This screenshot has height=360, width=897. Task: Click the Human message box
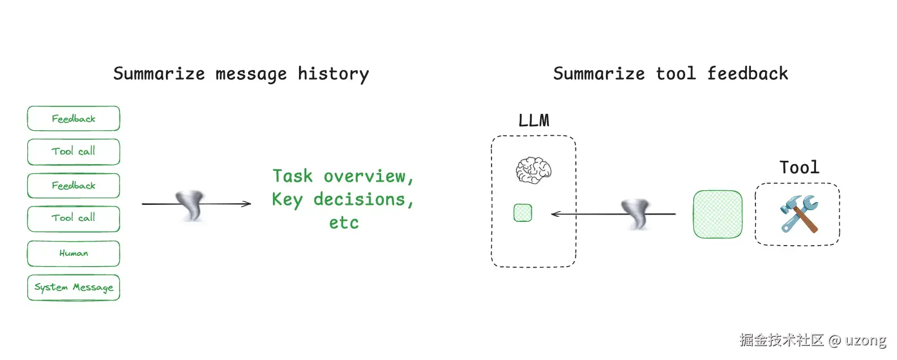pyautogui.click(x=74, y=254)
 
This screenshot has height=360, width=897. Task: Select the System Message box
pyautogui.click(x=74, y=288)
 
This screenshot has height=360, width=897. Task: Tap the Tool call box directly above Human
pyautogui.click(x=74, y=218)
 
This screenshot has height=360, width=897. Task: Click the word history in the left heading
pyautogui.click(x=333, y=74)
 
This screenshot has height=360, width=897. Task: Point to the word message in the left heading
pyautogui.click(x=251, y=74)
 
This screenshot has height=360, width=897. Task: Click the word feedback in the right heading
pyautogui.click(x=747, y=74)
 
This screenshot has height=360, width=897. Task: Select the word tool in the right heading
pyautogui.click(x=676, y=74)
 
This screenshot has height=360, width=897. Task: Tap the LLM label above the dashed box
pyautogui.click(x=533, y=121)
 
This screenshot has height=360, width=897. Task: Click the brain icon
pyautogui.click(x=533, y=170)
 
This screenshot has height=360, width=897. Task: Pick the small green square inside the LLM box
pyautogui.click(x=523, y=213)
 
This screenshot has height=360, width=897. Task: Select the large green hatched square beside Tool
pyautogui.click(x=717, y=214)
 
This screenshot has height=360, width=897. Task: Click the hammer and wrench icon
pyautogui.click(x=798, y=213)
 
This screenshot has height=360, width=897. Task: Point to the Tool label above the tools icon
pyautogui.click(x=799, y=168)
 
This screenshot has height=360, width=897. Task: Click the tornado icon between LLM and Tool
pyautogui.click(x=637, y=213)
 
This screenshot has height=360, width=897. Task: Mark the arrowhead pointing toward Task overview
pyautogui.click(x=247, y=204)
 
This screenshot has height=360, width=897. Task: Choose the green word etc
pyautogui.click(x=344, y=223)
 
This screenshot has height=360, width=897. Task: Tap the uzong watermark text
pyautogui.click(x=865, y=340)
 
